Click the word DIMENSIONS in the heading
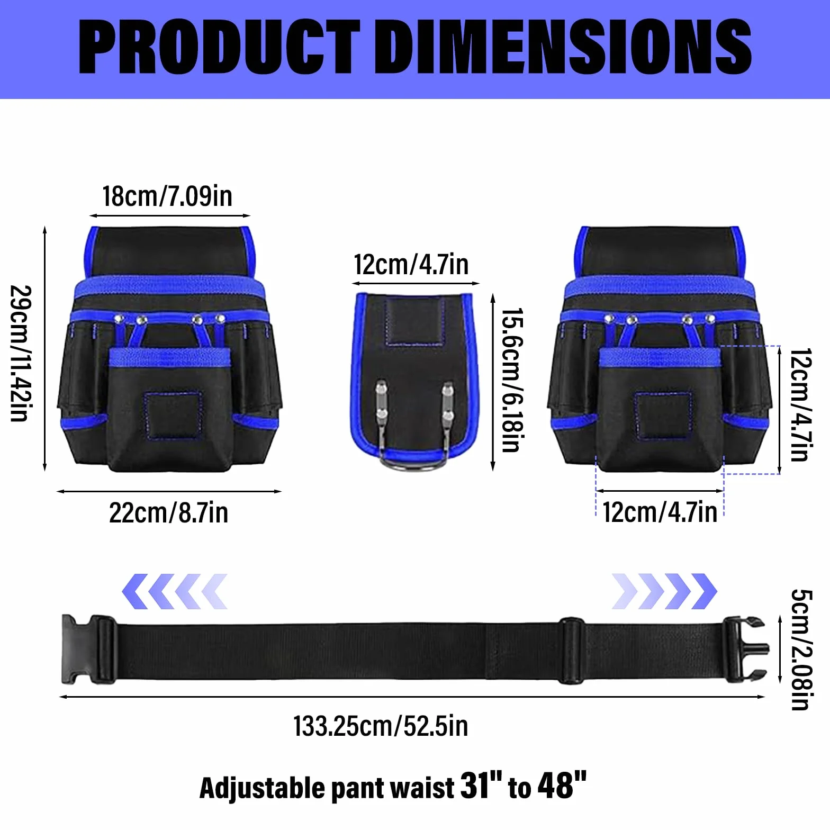click(x=565, y=47)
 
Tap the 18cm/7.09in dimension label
click(x=167, y=196)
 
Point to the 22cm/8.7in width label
click(x=168, y=512)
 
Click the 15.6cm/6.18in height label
click(x=512, y=380)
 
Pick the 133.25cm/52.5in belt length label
click(x=381, y=726)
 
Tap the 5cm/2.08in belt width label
click(x=801, y=649)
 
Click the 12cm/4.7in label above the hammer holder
click(x=411, y=264)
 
